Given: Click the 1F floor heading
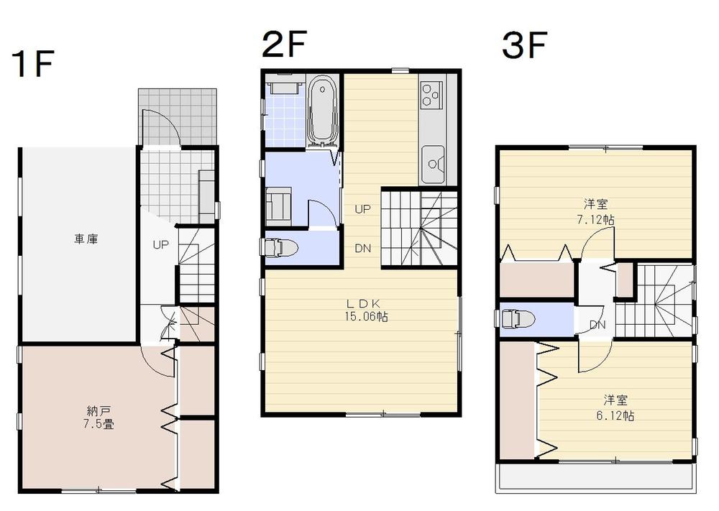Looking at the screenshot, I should point(33,65).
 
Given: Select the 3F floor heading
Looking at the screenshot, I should point(525,46).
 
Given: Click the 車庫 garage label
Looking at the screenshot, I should point(86,239).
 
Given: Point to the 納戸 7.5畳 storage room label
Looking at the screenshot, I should point(98,418).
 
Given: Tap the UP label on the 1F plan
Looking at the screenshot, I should point(160,245).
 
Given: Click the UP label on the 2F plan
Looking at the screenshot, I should point(362,209).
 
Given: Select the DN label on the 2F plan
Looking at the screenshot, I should point(362,249).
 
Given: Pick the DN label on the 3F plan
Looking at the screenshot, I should point(597,325).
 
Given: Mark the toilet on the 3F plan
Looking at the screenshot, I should point(517,318).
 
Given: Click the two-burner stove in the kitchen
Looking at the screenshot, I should point(430,95).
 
